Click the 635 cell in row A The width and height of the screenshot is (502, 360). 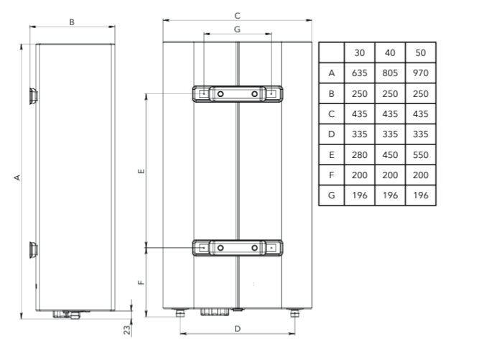[x=359, y=73]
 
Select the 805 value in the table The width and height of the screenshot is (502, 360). [x=390, y=73]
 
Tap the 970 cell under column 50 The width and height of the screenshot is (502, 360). [x=420, y=73]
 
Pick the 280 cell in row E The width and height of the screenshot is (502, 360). [x=359, y=155]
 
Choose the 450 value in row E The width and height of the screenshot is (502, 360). [x=390, y=155]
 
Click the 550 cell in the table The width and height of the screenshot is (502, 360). [x=420, y=155]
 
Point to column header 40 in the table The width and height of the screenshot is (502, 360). [x=390, y=53]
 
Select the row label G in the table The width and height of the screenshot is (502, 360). [x=331, y=195]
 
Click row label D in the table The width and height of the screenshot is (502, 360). [x=331, y=134]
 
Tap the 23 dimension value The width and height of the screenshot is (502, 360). [x=127, y=330]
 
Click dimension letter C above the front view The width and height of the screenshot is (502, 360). [x=237, y=16]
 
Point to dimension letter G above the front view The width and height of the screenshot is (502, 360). [x=237, y=29]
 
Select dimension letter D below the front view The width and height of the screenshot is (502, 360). [x=237, y=329]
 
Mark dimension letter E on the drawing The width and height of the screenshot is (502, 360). [x=141, y=171]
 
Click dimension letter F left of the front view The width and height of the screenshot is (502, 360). [x=141, y=282]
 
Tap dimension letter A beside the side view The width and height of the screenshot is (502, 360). [x=17, y=177]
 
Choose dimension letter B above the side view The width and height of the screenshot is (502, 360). [x=72, y=22]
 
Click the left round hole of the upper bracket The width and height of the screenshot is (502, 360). [x=220, y=94]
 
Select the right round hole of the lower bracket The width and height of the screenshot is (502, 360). [x=254, y=248]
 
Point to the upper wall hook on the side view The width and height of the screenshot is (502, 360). [x=33, y=96]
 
